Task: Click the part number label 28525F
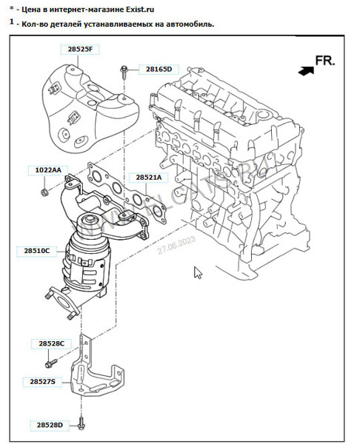[x=79, y=48]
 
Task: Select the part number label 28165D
[x=158, y=69]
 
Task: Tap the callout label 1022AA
[x=48, y=170]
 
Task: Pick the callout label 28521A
[x=147, y=178]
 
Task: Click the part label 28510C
[x=36, y=251]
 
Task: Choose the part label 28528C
[x=47, y=343]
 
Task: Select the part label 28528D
[x=47, y=425]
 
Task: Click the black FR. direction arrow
[x=304, y=71]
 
